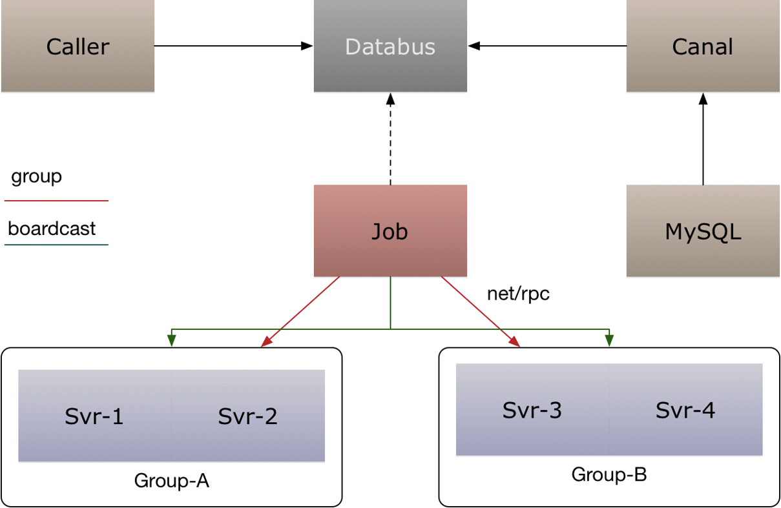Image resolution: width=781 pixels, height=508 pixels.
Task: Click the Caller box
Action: [78, 46]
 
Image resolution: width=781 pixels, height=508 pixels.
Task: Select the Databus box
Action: [390, 46]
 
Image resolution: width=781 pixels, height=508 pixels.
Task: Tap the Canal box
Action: [703, 46]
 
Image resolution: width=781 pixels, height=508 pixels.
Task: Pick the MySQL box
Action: [703, 231]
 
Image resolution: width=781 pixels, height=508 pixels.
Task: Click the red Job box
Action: [390, 231]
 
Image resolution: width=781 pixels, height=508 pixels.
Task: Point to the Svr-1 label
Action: [94, 416]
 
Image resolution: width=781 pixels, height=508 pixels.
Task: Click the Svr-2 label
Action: [247, 416]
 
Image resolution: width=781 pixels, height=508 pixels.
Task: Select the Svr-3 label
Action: [532, 410]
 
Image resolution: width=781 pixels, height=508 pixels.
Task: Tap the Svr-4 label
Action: [685, 410]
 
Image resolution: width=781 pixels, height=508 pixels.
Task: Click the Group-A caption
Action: [171, 481]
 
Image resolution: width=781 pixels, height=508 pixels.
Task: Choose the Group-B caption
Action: [609, 475]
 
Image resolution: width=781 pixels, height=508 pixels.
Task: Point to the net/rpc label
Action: [518, 294]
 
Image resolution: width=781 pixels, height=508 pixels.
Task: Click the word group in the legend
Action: [36, 176]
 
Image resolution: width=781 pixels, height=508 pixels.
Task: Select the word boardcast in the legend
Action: [52, 229]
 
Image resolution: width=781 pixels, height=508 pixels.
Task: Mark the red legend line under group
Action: [56, 201]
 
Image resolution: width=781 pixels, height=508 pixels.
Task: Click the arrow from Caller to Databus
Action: [233, 46]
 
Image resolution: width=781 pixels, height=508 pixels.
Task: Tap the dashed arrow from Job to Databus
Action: [390, 139]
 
